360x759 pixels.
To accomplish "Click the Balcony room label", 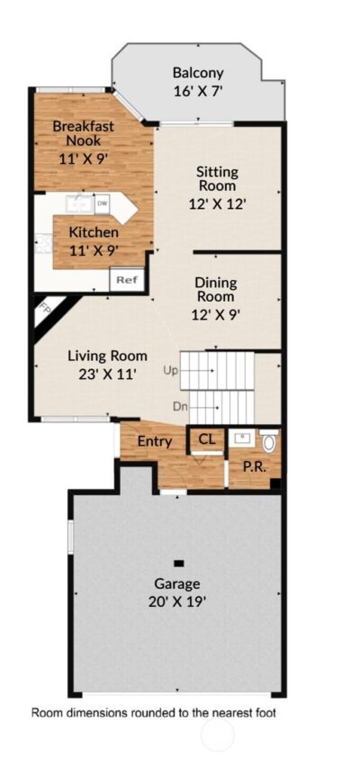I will click(198, 74).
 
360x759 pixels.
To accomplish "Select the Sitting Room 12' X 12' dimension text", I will click(218, 203).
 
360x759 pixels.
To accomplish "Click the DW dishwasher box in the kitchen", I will click(103, 202).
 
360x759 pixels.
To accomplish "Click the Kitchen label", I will click(94, 232).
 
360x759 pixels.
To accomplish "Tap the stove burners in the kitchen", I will click(41, 242).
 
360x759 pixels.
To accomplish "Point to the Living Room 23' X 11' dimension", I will click(107, 373).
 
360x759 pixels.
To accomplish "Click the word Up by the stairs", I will click(171, 370).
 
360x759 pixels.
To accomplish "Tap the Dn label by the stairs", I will click(180, 407).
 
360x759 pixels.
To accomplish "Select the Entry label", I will click(154, 441).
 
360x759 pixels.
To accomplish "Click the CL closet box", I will click(206, 439).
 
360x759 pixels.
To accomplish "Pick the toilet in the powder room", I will click(268, 441).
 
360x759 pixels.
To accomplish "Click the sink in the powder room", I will click(240, 439).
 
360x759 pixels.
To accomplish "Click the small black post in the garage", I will click(179, 563).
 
